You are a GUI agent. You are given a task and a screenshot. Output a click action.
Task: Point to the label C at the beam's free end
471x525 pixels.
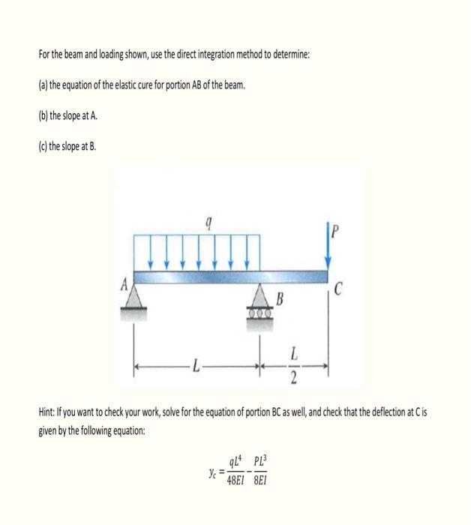339,288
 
